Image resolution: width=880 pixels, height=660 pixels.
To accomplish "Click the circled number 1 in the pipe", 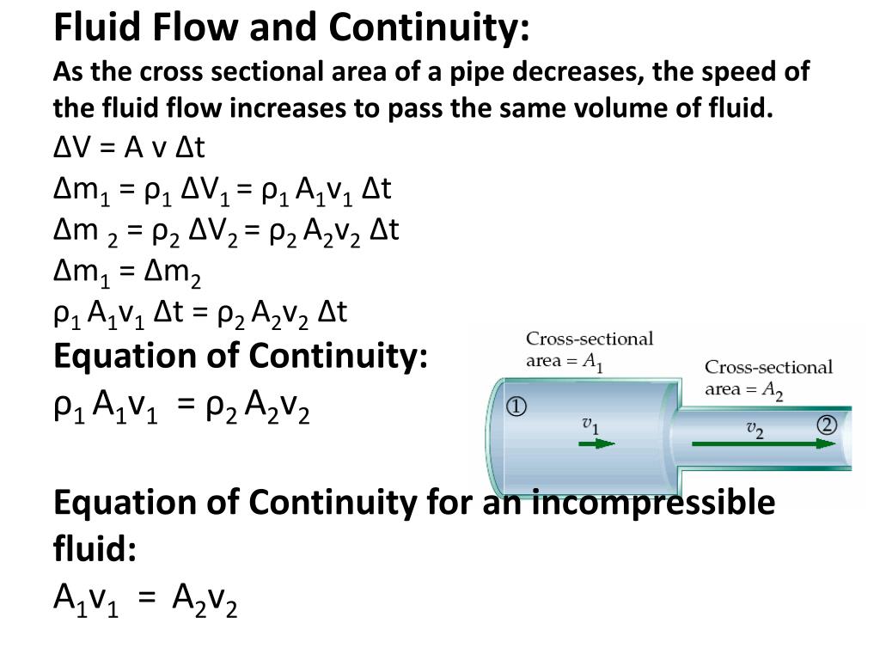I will (x=516, y=406).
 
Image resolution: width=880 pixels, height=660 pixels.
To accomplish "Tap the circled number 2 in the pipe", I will (x=827, y=425).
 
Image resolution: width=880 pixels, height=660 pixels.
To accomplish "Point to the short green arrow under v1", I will (x=596, y=444).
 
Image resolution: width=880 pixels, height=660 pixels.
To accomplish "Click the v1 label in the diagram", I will (x=590, y=424).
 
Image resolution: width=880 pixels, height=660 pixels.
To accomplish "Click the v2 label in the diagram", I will (x=755, y=427).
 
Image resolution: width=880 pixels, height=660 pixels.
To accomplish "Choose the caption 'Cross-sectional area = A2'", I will (x=768, y=379).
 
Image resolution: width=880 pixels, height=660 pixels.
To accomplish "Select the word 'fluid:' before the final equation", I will (x=95, y=547).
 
